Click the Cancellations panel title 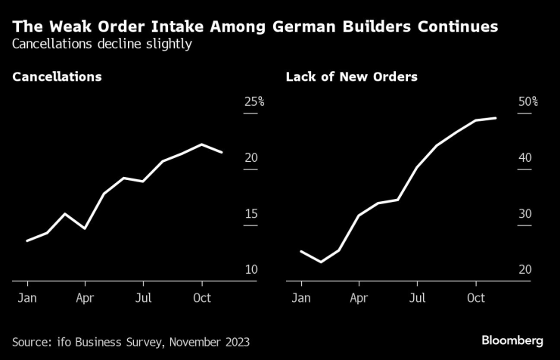tap(57, 77)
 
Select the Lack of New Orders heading tap(351, 77)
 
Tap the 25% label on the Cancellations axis tap(253, 102)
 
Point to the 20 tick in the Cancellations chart tap(250, 158)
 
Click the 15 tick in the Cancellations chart tap(250, 214)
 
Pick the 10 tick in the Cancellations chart tap(250, 270)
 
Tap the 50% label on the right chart tap(527, 102)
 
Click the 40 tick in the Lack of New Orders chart tap(524, 158)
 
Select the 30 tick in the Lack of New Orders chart tap(524, 214)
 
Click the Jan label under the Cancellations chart tap(27, 297)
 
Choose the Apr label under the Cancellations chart tap(85, 297)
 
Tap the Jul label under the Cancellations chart tap(143, 297)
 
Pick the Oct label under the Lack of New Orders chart tap(475, 297)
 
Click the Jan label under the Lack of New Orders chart tap(301, 297)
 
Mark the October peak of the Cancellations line tap(201, 144)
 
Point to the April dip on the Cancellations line tap(85, 228)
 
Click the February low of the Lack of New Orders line tap(321, 262)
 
